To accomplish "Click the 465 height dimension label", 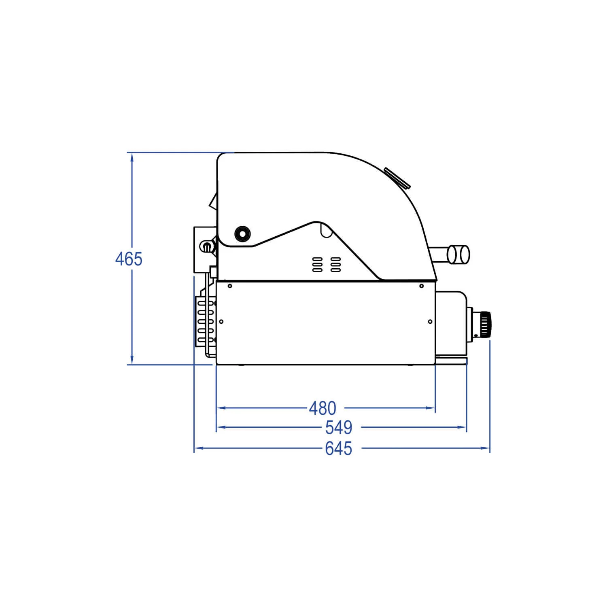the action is [x=129, y=259].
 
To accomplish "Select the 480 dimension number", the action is [x=323, y=408].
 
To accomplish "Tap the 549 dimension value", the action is [x=339, y=427].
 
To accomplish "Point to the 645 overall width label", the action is [x=339, y=448].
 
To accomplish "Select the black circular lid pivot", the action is [x=242, y=233].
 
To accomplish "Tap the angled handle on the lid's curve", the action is [x=397, y=178].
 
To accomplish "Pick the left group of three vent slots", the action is [x=318, y=264].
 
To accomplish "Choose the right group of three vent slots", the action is [x=335, y=264].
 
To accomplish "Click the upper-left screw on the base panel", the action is [x=230, y=286].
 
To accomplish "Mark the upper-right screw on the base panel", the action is [x=421, y=286].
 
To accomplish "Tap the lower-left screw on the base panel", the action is [x=221, y=322].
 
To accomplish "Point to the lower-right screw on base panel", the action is [x=430, y=322].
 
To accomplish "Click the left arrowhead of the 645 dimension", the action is [x=199, y=448].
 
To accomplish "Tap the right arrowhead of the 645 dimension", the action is [x=485, y=448].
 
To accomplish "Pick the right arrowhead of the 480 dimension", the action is [x=431, y=408].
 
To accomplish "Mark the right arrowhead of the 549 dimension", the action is [x=462, y=427].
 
